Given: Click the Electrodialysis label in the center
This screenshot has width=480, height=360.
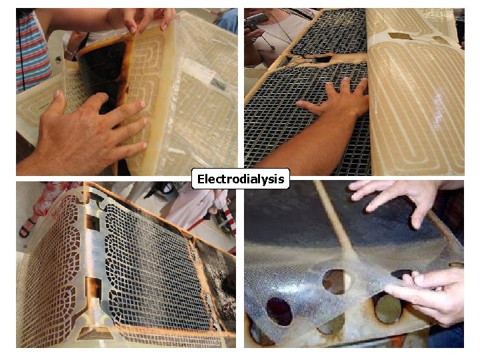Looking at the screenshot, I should [241, 179].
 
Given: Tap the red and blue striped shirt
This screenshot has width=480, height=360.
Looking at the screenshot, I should [32, 50].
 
